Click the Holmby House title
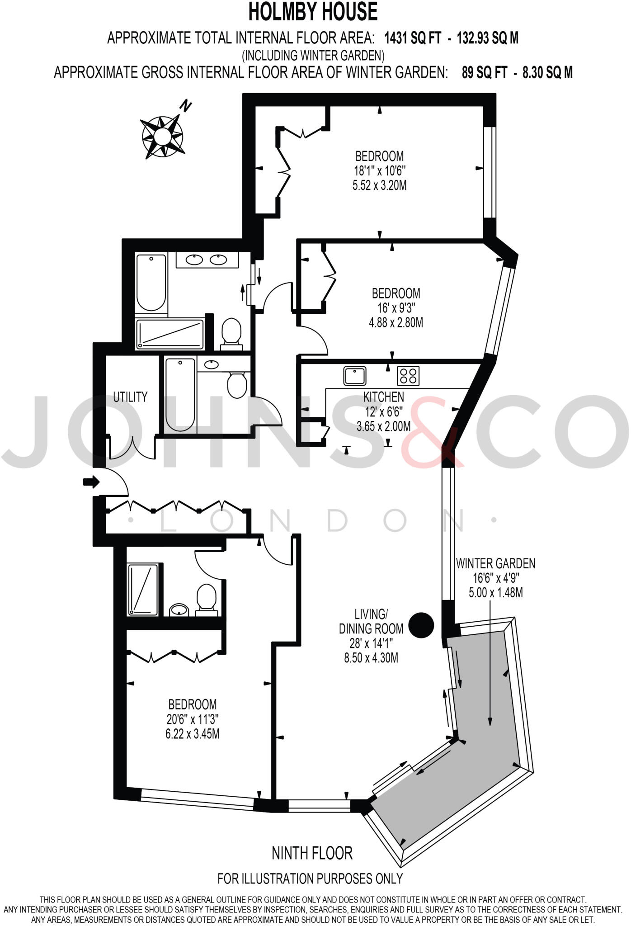point(313,12)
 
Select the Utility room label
point(130,397)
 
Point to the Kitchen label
point(383,397)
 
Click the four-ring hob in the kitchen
point(408,375)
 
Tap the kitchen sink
point(354,375)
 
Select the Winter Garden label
point(495,563)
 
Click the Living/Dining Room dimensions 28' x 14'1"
point(371,643)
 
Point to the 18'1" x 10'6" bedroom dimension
point(380,171)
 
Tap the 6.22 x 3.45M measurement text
point(193,733)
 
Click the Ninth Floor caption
point(312,853)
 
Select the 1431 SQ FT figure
point(412,38)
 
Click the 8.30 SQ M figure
point(547,72)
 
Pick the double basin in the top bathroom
point(207,260)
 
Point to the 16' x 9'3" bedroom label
point(396,308)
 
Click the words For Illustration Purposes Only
point(310,879)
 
